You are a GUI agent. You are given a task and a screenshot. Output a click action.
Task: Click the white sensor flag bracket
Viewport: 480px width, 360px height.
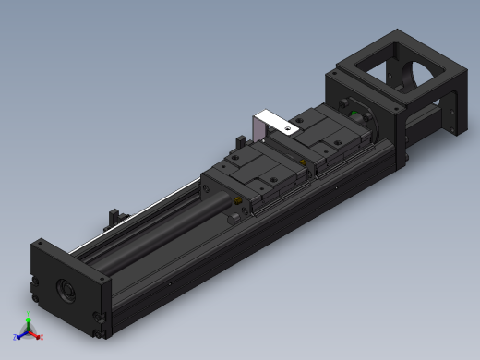click(x=273, y=119)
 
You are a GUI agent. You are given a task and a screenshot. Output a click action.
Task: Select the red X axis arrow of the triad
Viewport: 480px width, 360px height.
click(x=39, y=337)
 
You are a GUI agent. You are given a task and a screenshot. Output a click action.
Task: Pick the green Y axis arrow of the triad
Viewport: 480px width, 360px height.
click(x=29, y=322)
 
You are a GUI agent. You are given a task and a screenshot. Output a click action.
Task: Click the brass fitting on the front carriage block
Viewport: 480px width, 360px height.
click(x=239, y=201)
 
